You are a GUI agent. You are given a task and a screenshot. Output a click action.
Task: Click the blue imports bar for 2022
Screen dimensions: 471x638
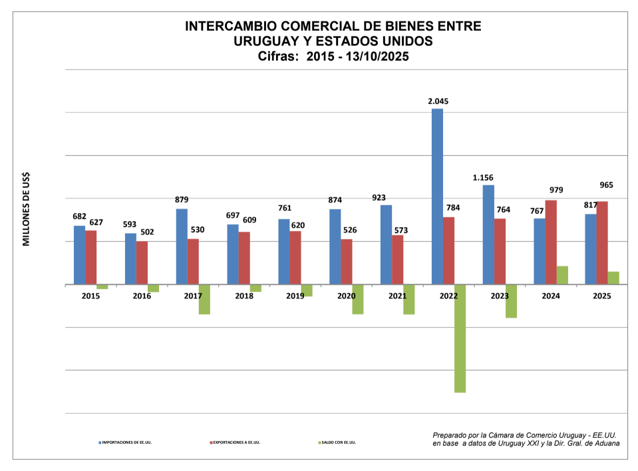tap(437, 197)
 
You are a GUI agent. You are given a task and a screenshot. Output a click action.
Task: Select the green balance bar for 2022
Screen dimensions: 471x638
tap(460, 338)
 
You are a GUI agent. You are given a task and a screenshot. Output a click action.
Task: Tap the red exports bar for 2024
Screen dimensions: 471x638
tap(551, 242)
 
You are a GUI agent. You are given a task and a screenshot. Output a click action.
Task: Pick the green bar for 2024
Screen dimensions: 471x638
tap(562, 275)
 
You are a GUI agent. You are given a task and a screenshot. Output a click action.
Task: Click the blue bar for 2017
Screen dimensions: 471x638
tap(182, 246)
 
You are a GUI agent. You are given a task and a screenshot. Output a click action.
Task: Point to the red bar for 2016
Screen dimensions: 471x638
tap(142, 262)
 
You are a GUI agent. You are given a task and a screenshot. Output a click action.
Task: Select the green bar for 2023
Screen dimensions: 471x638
tap(511, 301)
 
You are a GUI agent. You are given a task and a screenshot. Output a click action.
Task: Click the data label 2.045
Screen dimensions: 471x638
tap(438, 101)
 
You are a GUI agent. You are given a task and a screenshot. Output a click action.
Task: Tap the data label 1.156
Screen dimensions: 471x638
tap(483, 178)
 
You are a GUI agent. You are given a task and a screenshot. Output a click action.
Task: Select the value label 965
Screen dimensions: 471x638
tap(605, 185)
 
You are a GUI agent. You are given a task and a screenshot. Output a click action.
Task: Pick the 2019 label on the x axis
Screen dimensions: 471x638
tap(295, 296)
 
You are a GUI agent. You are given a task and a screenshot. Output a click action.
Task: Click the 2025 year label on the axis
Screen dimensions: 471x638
tap(601, 296)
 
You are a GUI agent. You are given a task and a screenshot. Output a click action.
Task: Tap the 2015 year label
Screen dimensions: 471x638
tap(90, 296)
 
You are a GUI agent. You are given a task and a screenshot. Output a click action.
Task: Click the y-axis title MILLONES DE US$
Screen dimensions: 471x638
tap(27, 209)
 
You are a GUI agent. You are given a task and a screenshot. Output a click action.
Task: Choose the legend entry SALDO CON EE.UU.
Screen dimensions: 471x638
tap(339, 442)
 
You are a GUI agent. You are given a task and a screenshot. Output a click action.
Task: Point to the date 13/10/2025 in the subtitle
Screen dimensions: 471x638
tap(375, 57)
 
